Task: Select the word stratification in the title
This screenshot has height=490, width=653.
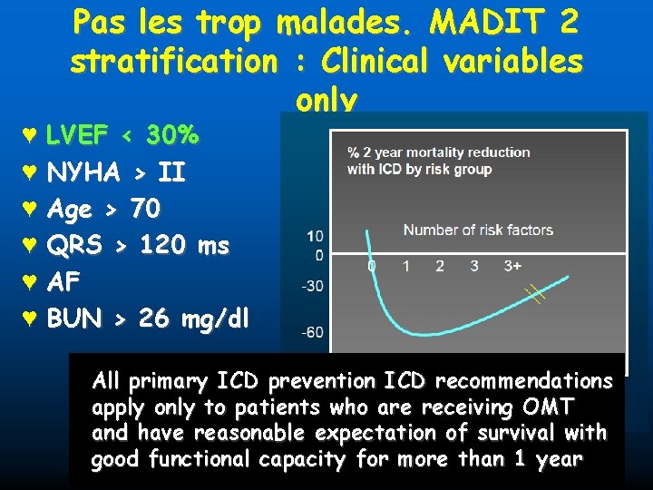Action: coord(173,62)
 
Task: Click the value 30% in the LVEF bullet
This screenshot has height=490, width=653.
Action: coord(172,136)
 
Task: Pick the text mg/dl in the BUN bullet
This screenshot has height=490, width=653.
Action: coord(215,319)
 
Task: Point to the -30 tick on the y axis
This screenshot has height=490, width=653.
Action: coord(311,287)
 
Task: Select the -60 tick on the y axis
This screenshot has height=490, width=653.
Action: coord(311,332)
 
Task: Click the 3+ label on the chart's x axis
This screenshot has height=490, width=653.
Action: coord(512,266)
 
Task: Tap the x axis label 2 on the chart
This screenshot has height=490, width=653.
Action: coord(440,266)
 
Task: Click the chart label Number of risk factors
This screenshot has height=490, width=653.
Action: coord(478,230)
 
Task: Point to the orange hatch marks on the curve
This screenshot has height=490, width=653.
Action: coord(535,293)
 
